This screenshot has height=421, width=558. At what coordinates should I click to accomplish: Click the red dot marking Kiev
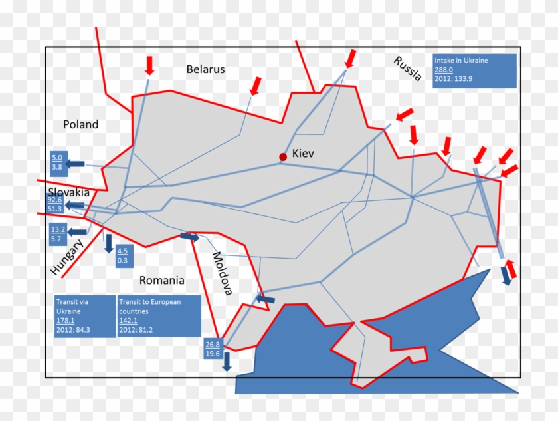tap(283, 157)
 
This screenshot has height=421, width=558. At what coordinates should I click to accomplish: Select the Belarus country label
tap(205, 69)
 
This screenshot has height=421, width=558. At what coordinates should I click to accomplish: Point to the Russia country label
tap(407, 69)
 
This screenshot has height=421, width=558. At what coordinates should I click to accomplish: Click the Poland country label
tap(80, 124)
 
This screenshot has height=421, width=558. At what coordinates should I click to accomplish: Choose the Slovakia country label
tap(68, 192)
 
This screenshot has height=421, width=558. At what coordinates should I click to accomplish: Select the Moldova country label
tap(223, 273)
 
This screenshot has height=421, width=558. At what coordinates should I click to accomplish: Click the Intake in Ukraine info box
tap(474, 70)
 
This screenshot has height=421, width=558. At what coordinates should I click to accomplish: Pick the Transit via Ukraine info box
tap(85, 316)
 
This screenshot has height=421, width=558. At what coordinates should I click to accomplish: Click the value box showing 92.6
tap(55, 204)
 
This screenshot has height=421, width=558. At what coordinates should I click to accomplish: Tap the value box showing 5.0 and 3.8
tap(57, 162)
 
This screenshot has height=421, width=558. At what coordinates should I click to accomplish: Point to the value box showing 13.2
tap(57, 233)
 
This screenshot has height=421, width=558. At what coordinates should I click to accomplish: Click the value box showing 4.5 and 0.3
tap(122, 255)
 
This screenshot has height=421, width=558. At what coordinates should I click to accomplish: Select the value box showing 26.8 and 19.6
tap(213, 349)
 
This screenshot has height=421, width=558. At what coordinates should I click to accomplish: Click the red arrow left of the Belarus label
tap(149, 65)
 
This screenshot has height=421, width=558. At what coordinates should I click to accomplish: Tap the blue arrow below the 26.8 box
tap(227, 361)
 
